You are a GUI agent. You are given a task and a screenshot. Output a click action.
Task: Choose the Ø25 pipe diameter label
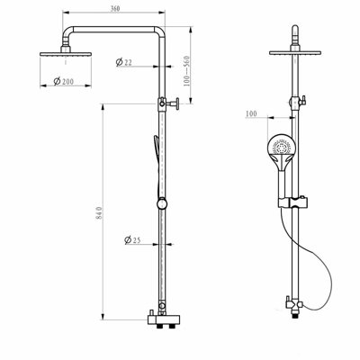133,239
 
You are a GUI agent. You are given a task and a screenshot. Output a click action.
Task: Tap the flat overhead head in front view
295,51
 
